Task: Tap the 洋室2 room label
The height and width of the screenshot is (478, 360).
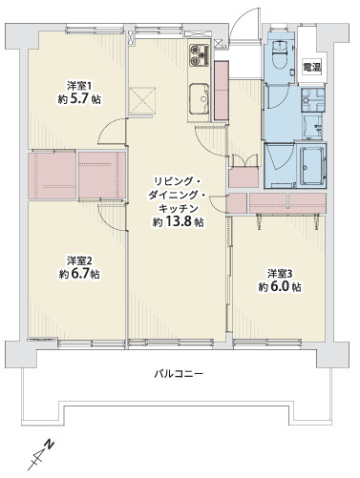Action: pos(79,260)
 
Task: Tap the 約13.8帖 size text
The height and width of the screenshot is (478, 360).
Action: pos(179,223)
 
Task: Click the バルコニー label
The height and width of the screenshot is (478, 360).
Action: pos(178,372)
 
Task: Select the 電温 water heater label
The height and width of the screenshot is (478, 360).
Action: pos(310,67)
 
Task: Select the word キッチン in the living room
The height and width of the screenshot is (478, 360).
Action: pos(179,208)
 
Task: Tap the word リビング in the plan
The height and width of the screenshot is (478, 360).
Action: pos(179,179)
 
